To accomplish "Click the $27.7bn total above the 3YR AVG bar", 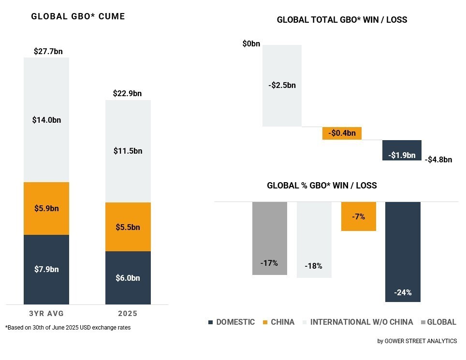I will [48, 51].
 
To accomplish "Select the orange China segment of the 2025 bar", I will [128, 227].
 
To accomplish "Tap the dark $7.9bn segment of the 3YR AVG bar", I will [46, 269].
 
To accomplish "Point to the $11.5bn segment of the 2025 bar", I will [128, 151].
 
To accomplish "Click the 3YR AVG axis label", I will [46, 314].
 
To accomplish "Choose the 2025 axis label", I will [128, 314].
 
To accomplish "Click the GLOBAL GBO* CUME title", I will [78, 16].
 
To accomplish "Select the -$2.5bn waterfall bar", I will [282, 86].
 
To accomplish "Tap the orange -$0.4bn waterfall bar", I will [342, 133].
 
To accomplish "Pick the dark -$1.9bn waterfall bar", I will [402, 150].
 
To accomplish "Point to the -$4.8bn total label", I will [438, 159].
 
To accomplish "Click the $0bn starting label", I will [251, 44].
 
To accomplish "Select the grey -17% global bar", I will [270, 238].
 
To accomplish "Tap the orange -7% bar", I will [358, 216].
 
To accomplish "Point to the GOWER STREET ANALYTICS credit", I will [417, 341].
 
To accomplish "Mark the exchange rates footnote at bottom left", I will [68, 328].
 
